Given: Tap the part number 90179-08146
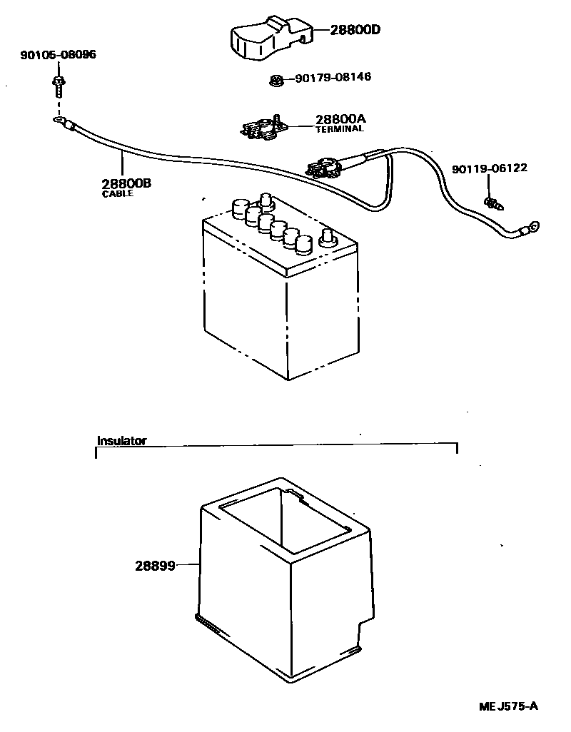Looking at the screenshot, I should click(333, 76).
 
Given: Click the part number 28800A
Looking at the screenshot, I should click(340, 119).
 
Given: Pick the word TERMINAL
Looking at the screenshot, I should click(340, 129).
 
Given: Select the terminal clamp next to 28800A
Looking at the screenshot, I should click(263, 128).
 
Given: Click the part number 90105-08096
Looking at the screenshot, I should click(58, 54).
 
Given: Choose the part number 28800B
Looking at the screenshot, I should click(126, 183).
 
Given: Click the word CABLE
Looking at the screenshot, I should click(118, 193).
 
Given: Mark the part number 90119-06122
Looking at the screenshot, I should click(489, 168).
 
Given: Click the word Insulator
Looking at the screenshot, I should click(121, 441).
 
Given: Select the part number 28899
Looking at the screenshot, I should click(155, 566).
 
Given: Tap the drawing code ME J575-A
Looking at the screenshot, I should click(507, 706).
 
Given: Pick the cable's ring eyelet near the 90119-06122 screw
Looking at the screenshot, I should click(530, 229).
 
